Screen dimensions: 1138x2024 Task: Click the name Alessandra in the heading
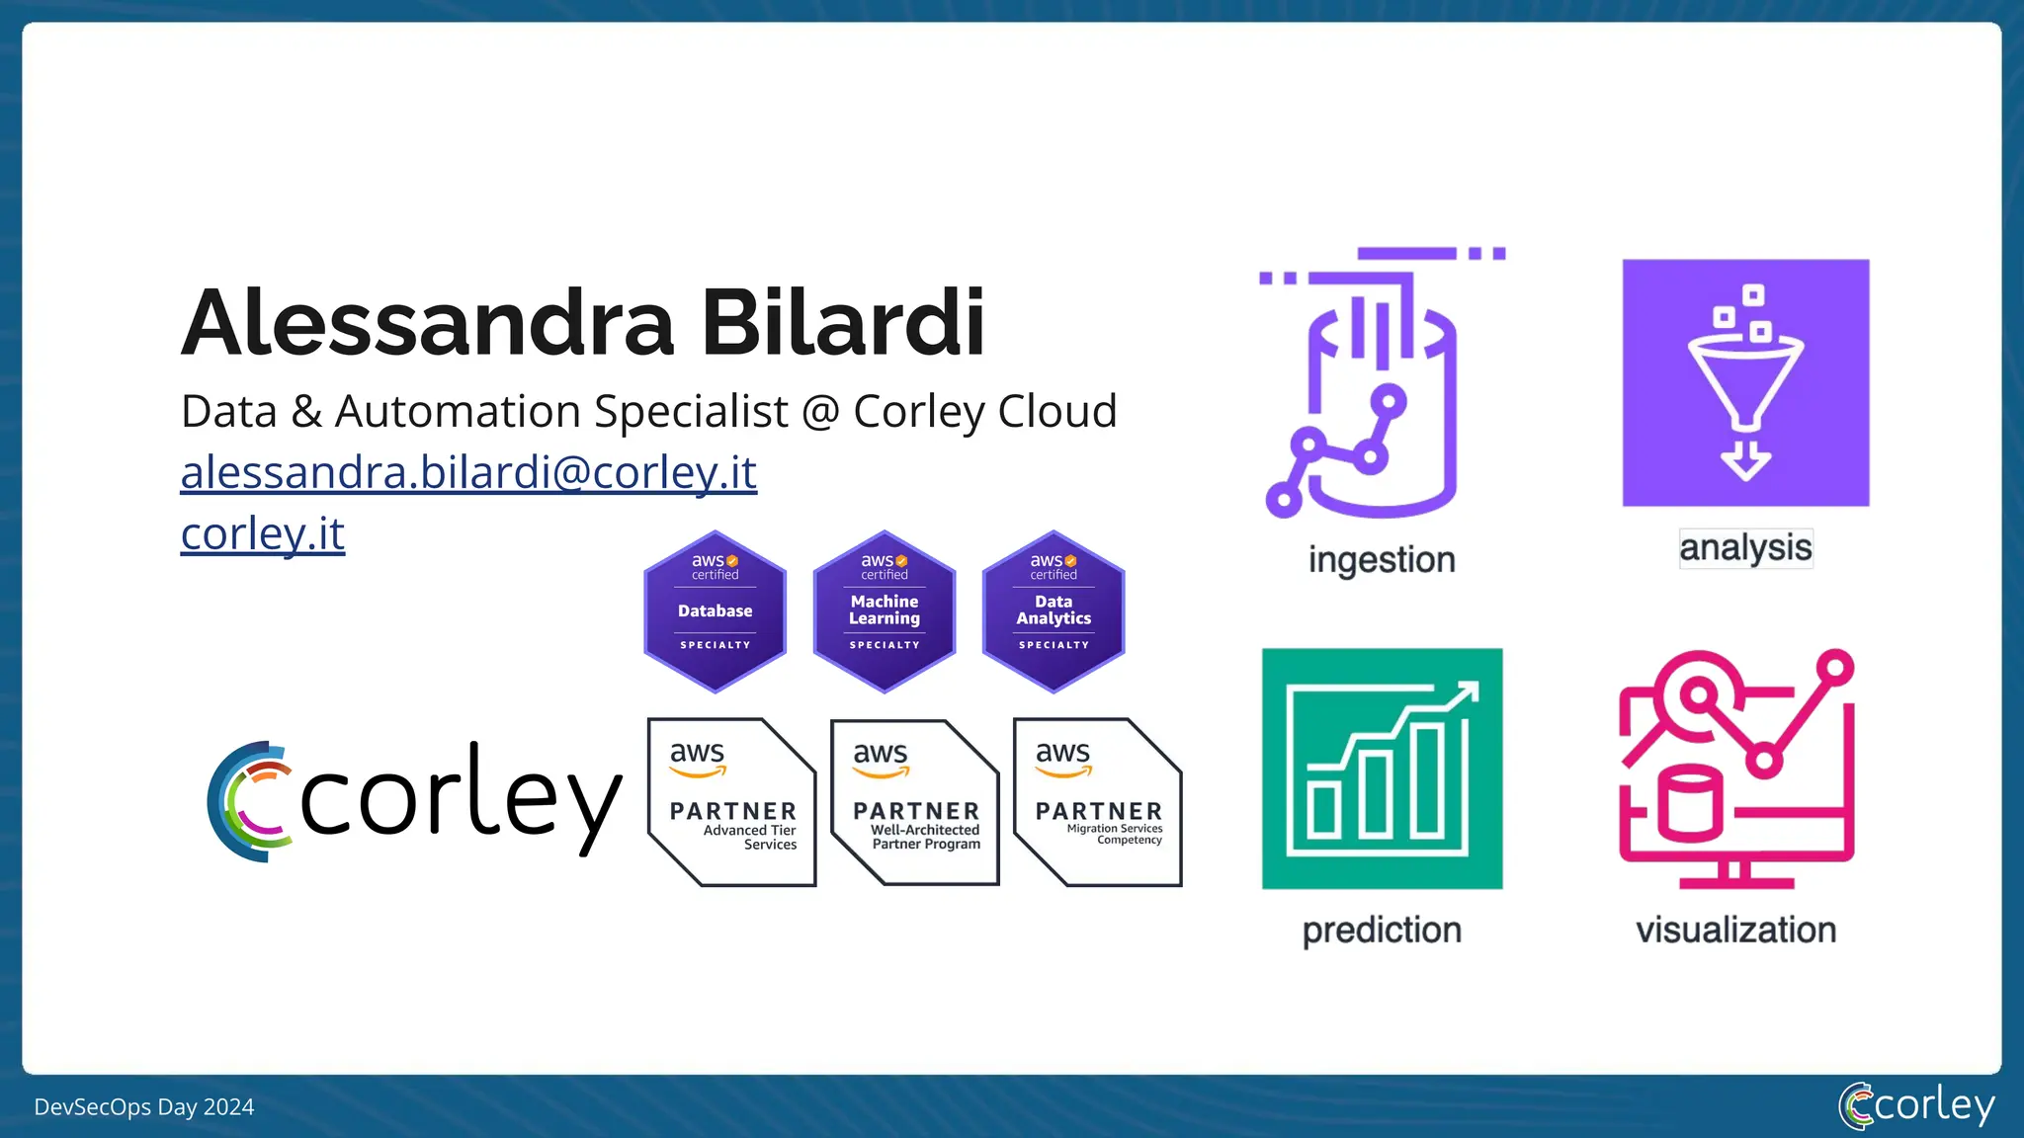pos(427,323)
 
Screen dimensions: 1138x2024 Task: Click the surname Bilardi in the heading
pos(842,323)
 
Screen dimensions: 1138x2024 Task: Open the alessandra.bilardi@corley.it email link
pos(468,472)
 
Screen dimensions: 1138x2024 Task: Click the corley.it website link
pos(262,533)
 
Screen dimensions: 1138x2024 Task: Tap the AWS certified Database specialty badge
pos(715,611)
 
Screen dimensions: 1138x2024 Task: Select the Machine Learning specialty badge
pos(885,611)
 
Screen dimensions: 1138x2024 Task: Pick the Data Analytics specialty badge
pos(1054,611)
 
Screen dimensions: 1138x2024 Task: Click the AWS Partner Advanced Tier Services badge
pos(731,802)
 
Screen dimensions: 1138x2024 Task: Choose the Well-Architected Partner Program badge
pos(914,802)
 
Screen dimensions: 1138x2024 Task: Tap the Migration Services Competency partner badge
pos(1097,802)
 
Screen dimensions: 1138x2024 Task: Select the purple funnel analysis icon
pos(1745,383)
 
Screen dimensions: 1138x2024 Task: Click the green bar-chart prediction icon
pos(1382,769)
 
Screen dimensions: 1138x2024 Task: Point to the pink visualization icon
pos(1736,769)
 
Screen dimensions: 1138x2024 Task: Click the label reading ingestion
pos(1382,560)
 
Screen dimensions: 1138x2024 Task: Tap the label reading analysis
pos(1745,547)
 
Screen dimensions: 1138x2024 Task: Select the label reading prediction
pos(1382,930)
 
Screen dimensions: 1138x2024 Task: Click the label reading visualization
pos(1736,930)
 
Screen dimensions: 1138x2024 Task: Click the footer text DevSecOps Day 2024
pos(144,1107)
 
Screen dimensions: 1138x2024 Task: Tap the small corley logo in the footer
pos(1916,1105)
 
